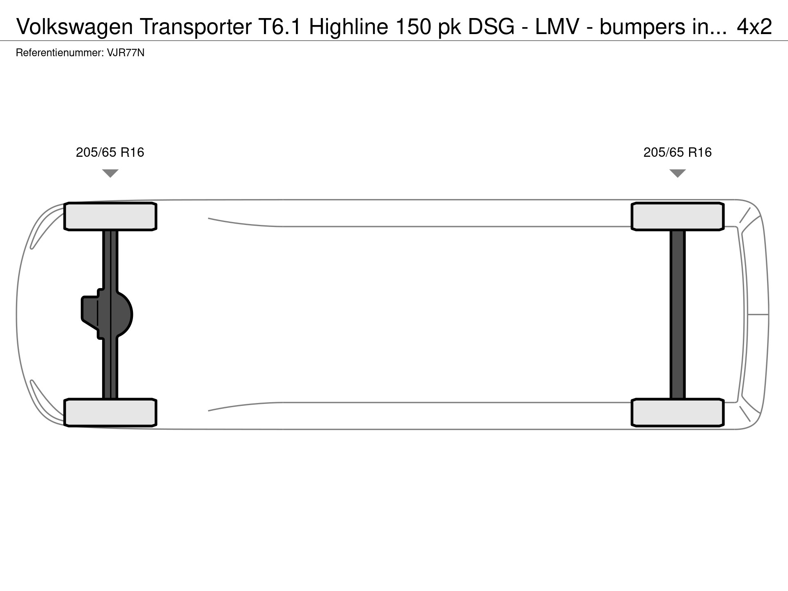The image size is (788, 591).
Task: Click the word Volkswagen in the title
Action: point(75,27)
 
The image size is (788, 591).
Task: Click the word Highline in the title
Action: point(348,27)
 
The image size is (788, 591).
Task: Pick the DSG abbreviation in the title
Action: point(491,27)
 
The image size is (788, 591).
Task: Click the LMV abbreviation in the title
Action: point(557,27)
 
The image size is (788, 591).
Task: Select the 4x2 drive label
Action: point(754,27)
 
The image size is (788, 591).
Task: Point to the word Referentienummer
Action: point(60,53)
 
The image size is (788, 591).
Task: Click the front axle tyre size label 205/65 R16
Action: point(110,153)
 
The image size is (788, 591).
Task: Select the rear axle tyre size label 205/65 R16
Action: point(677,153)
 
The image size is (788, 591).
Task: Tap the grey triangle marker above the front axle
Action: point(110,173)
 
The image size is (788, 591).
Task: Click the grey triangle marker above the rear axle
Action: point(677,173)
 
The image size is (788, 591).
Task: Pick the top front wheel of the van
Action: point(110,216)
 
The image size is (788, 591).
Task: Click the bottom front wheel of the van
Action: point(110,412)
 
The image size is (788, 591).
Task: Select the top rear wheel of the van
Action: point(677,216)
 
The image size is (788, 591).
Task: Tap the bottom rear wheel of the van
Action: point(677,412)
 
